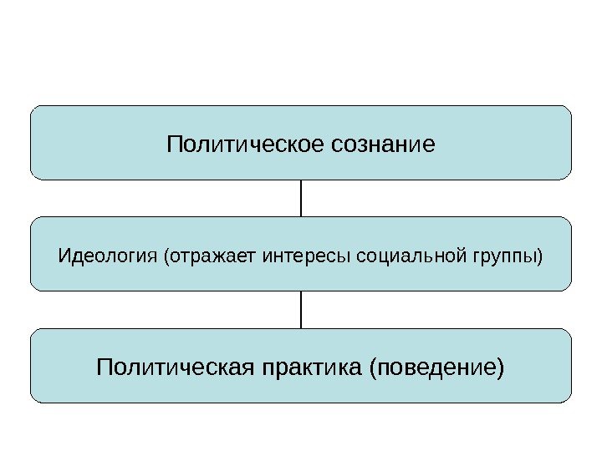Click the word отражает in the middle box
[215, 255]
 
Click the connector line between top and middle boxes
[301, 198]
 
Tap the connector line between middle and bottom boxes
[301, 309]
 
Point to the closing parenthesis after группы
[540, 255]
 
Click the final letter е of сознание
[430, 144]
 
